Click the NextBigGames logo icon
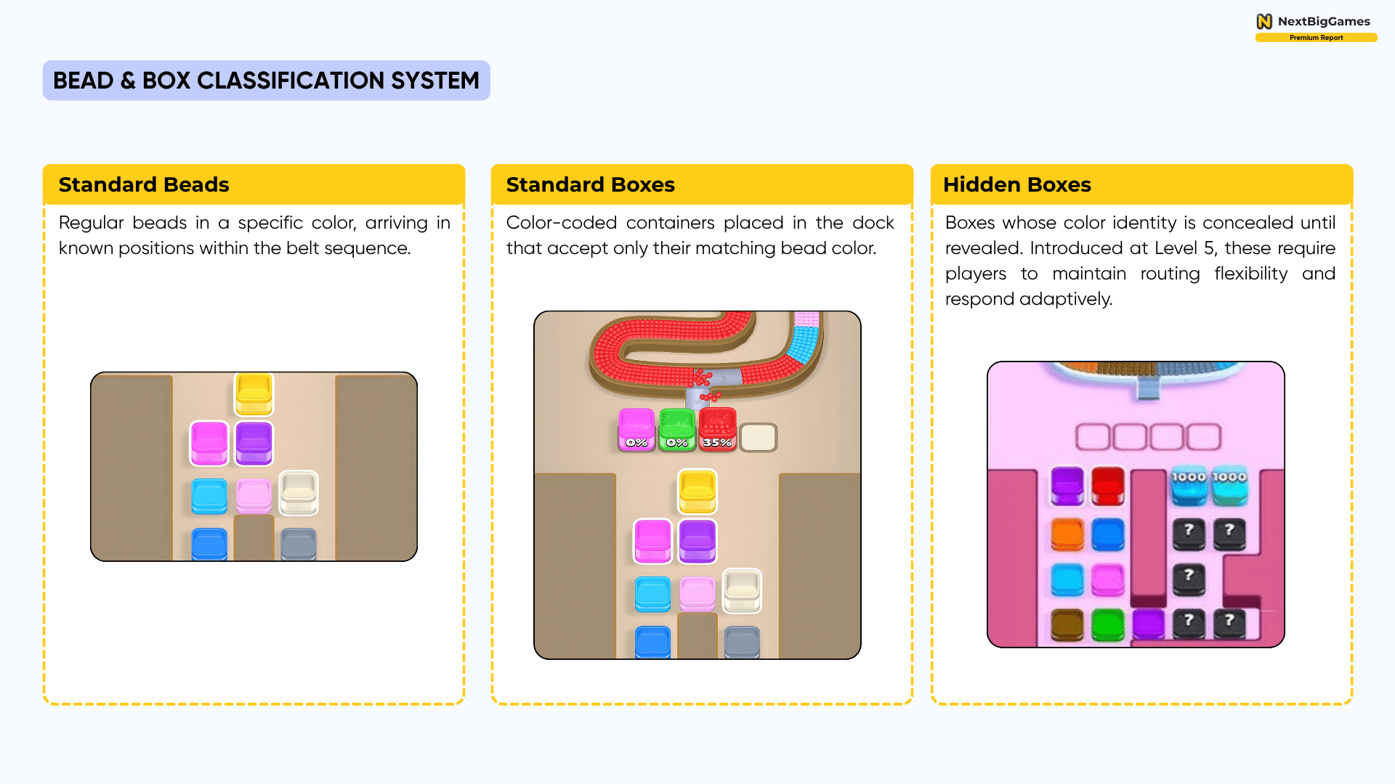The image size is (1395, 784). [1264, 21]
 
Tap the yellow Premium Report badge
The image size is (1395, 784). [1316, 38]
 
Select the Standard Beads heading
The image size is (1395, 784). [144, 185]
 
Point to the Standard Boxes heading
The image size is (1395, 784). [590, 185]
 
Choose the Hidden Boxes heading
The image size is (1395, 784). [1016, 185]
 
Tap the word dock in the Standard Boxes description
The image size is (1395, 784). [873, 223]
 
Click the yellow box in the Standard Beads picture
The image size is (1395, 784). [254, 393]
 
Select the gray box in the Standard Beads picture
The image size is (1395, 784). [298, 544]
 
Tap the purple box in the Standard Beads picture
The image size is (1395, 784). [254, 442]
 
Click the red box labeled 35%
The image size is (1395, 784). [717, 429]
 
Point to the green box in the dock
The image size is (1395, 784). [676, 429]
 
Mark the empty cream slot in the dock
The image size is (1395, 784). [758, 437]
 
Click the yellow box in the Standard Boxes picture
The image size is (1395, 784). [697, 491]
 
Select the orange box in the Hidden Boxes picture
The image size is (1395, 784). [1067, 534]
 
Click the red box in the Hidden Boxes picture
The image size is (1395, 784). [1108, 485]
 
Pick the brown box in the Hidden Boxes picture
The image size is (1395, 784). [1067, 624]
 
